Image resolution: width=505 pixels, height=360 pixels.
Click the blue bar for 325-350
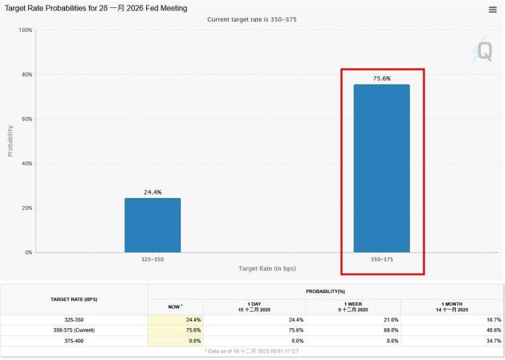(152, 225)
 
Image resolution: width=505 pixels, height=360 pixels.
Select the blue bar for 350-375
(381, 169)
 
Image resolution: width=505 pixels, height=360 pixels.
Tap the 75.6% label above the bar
(381, 78)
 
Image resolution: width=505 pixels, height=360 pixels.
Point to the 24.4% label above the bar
(153, 192)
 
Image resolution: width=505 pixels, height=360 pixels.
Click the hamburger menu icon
(492, 9)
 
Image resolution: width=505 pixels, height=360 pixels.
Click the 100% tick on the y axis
(25, 30)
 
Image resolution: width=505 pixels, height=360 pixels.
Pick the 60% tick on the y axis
(25, 119)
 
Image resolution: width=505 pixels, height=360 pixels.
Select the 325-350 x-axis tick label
(152, 259)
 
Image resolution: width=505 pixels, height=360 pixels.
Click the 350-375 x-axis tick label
(381, 259)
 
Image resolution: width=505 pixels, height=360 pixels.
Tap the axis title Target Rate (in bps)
(267, 268)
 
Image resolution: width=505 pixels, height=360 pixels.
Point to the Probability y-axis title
(10, 141)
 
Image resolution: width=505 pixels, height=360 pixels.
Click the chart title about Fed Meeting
(96, 8)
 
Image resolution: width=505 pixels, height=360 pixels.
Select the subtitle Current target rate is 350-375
(252, 19)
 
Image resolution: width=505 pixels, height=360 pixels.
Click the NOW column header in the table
(175, 306)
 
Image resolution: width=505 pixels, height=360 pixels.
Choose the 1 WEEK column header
(353, 306)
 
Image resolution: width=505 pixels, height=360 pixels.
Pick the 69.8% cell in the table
(389, 329)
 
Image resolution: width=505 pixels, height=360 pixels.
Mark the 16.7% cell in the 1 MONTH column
(492, 319)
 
